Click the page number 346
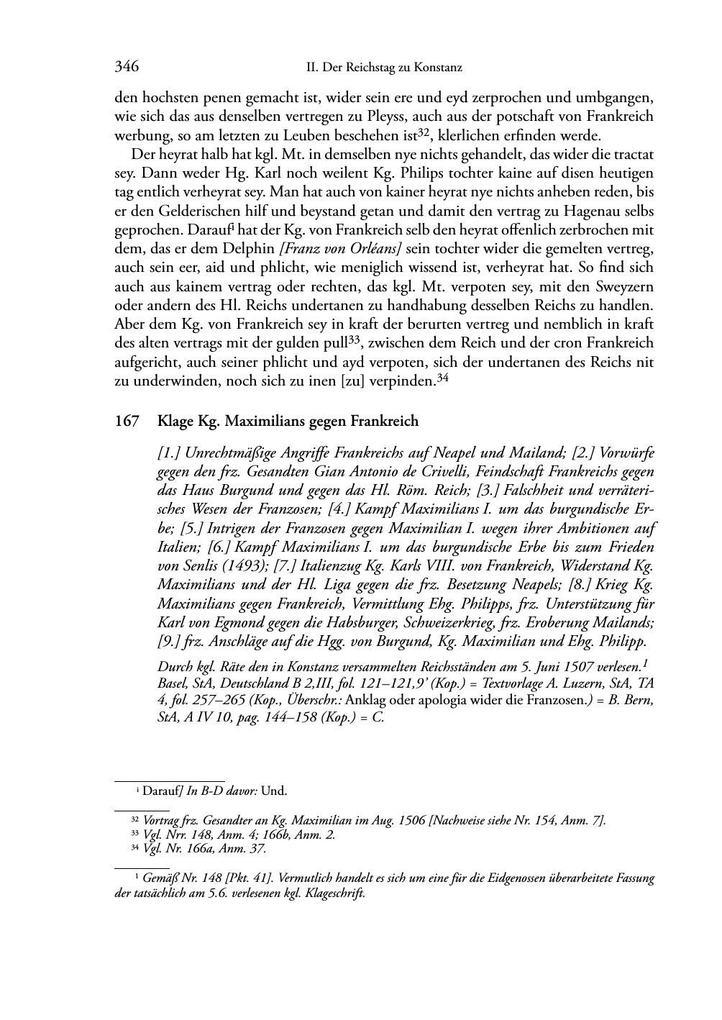(127, 67)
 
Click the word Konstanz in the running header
(438, 68)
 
